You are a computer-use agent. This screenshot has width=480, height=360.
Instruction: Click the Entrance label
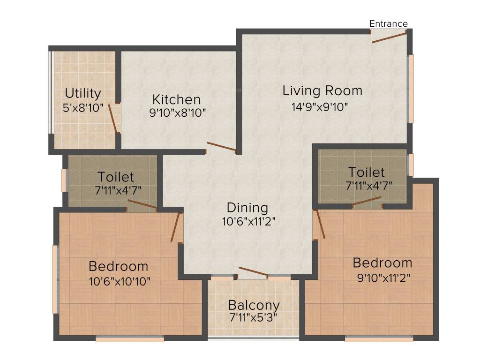point(388,23)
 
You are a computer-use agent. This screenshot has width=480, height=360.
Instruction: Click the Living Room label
point(322,90)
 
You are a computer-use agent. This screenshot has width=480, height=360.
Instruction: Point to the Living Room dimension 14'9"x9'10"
point(320,106)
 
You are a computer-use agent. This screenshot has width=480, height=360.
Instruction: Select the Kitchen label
point(177,99)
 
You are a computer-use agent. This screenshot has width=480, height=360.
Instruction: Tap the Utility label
point(83,93)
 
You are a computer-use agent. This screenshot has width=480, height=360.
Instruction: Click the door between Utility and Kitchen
point(113,119)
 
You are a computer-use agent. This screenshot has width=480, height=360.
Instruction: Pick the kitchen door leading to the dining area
point(222,147)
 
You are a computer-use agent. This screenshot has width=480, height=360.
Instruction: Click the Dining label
point(247,207)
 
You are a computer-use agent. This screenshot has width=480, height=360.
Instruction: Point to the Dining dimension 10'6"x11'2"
point(248,221)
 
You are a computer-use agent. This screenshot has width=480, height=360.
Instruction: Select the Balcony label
point(254,305)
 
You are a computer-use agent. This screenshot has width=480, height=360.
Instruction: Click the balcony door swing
point(253,272)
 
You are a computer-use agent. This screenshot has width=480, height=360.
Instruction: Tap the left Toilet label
point(116,177)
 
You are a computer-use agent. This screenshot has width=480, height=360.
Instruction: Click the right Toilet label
point(367,172)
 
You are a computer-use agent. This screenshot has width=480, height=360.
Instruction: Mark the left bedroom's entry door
point(176,227)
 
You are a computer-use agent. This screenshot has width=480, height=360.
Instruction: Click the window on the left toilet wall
point(64,180)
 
